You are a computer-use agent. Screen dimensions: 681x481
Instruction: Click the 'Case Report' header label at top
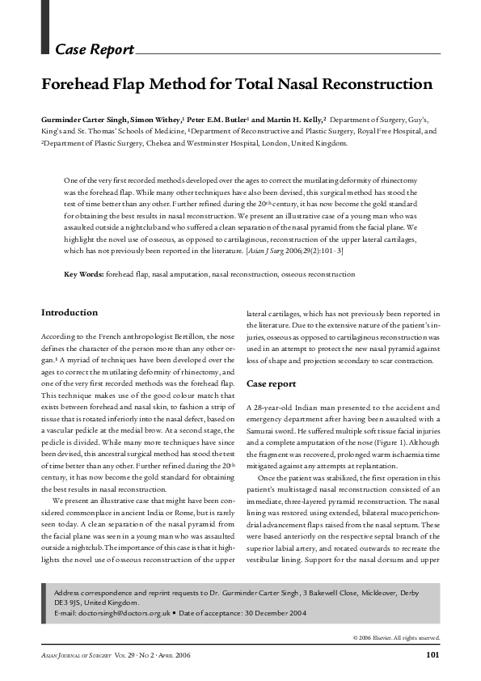(x=94, y=50)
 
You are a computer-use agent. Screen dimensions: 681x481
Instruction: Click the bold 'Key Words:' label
(x=83, y=275)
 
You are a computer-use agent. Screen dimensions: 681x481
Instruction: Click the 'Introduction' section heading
(x=70, y=312)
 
